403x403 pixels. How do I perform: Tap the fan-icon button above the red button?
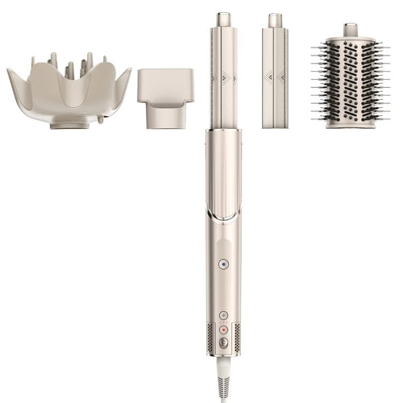224,315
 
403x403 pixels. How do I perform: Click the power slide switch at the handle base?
224,342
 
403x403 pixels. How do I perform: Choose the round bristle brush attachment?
351,81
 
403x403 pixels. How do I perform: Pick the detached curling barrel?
275,77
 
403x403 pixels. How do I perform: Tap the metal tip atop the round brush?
351,30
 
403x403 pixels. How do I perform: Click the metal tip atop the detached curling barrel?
275,19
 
